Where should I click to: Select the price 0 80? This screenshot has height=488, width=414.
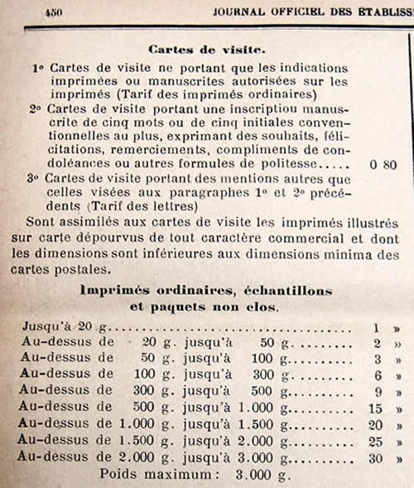coord(384,165)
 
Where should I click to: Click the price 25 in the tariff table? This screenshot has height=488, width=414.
coord(374,442)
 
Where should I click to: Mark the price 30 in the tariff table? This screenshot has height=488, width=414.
coord(374,457)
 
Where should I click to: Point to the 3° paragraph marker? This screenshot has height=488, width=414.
coord(35,179)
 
